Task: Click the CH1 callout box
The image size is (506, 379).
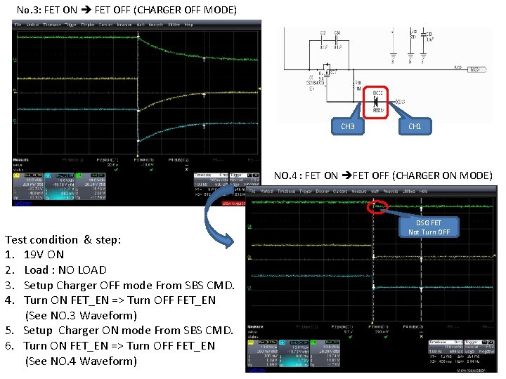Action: point(415,126)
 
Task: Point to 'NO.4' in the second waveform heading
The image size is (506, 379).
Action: point(287,175)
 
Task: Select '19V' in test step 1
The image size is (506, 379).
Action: point(34,255)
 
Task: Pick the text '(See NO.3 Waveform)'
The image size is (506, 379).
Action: point(81,315)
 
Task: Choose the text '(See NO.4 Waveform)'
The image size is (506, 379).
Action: point(81,361)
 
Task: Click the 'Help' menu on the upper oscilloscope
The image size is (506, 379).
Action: point(188,24)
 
